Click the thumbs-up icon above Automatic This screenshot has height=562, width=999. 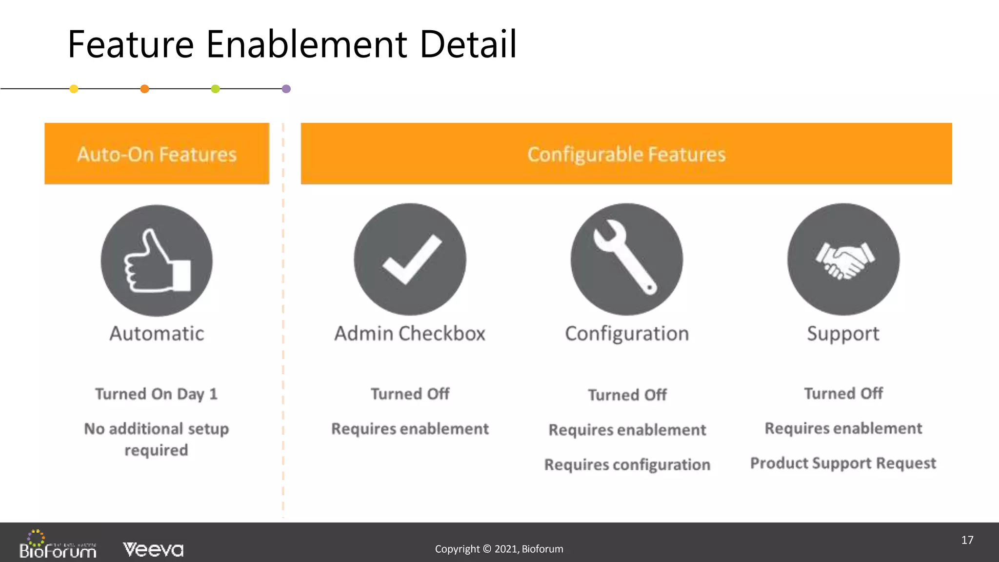coord(157,261)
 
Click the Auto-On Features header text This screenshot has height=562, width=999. coord(157,154)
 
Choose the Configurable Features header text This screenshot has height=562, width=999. coord(626,154)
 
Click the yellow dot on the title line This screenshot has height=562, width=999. coord(74,89)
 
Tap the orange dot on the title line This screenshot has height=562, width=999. coord(144,89)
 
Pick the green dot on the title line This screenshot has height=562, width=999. coord(215,89)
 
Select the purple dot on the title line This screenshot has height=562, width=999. coord(286,89)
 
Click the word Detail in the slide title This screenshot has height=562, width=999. coord(468,44)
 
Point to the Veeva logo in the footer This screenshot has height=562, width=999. coord(153,549)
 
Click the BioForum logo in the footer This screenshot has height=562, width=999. coord(58,545)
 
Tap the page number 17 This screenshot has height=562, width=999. coord(967,540)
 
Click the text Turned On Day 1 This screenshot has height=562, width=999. coord(156,394)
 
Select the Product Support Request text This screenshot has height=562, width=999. coord(843,463)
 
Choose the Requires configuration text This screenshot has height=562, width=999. coord(627,464)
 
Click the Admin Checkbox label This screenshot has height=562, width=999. coord(410,334)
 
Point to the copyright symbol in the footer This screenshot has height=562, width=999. coord(487,549)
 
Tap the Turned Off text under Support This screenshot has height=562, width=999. coord(843,393)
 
